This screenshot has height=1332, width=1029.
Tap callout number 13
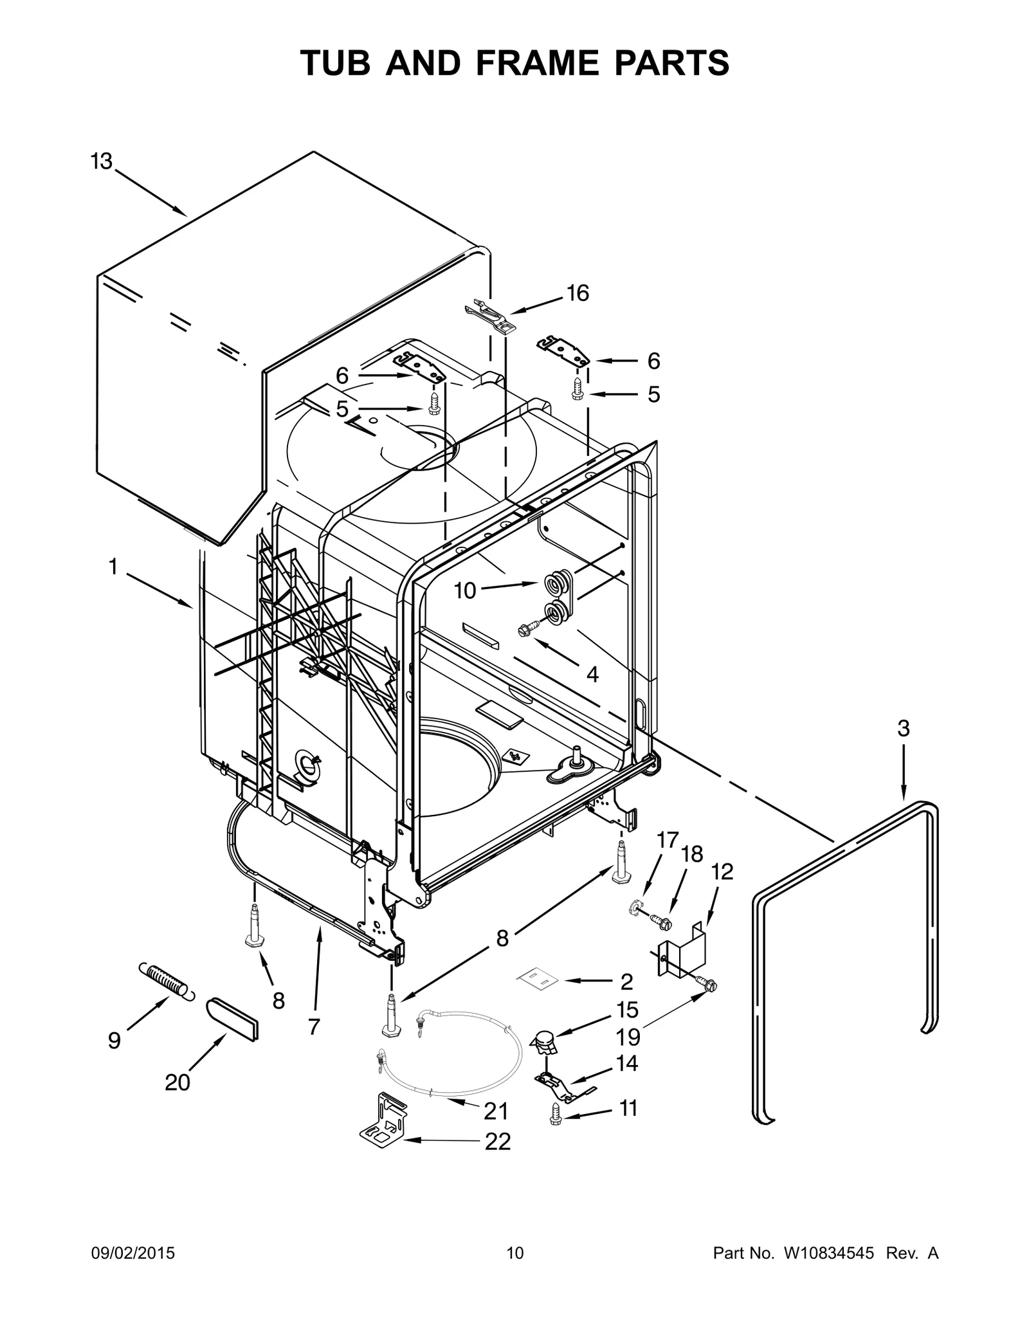click(x=101, y=161)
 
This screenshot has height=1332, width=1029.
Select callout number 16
click(x=578, y=293)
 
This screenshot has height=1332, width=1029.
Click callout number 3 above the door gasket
click(x=903, y=729)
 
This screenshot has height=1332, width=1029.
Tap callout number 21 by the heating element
click(x=496, y=1111)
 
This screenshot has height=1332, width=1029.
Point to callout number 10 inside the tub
click(x=464, y=590)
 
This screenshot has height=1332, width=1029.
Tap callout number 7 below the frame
click(x=313, y=1026)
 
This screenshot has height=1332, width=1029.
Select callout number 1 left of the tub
click(x=113, y=567)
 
